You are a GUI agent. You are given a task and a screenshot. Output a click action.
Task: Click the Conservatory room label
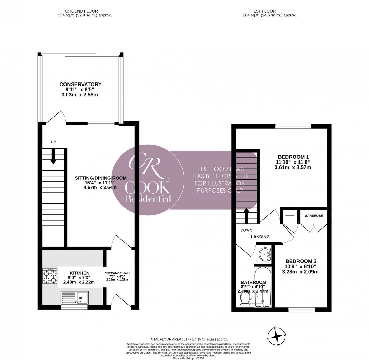coord(80,84)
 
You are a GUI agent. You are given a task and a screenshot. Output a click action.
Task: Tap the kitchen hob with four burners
coord(50,276)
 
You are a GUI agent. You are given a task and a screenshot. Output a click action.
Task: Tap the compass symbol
coord(277,336)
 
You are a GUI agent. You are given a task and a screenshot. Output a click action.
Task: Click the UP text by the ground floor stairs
coord(53,142)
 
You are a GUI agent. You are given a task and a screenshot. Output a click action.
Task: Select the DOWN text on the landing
coord(246,230)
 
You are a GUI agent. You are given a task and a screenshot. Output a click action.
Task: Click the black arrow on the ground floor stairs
coord(53,157)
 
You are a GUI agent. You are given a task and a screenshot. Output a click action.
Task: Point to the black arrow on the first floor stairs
coord(246,215)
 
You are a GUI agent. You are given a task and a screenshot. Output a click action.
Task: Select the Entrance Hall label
coord(117,273)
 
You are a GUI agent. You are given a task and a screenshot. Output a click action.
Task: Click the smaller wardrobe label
coord(290,216)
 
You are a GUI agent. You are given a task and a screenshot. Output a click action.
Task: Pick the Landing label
coord(260,237)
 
